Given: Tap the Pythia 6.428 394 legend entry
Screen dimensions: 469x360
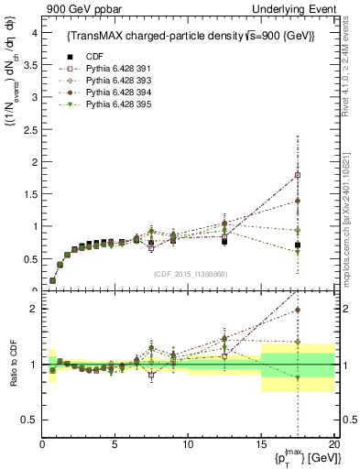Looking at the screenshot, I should tap(113, 91).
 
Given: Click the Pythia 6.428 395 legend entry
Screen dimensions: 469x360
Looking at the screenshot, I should tap(113, 103).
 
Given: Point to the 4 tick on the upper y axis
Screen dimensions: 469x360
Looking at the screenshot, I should tap(33, 32).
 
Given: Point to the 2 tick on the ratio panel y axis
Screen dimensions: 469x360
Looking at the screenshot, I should tap(33, 309).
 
